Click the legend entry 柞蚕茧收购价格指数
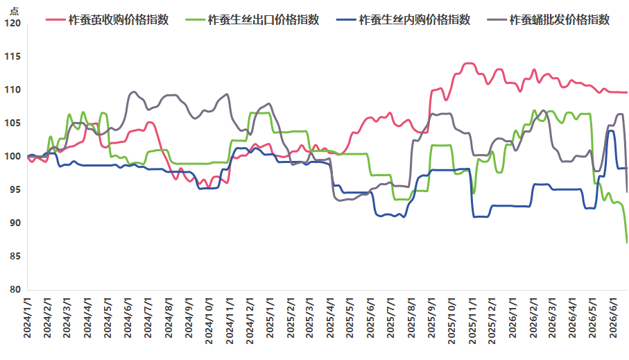pyautogui.click(x=107, y=19)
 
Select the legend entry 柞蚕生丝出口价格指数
pyautogui.click(x=252, y=19)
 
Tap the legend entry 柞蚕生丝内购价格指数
pyautogui.click(x=403, y=19)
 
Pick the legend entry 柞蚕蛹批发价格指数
pyautogui.click(x=549, y=19)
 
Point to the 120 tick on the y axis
pyautogui.click(x=12, y=24)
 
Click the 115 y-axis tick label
pyautogui.click(x=12, y=57)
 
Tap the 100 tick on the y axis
pyautogui.click(x=12, y=157)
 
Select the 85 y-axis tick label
pyautogui.click(x=15, y=256)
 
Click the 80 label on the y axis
pyautogui.click(x=15, y=289)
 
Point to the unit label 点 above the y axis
pyautogui.click(x=14, y=11)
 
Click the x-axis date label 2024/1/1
pyautogui.click(x=27, y=318)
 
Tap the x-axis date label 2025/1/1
pyautogui.click(x=270, y=318)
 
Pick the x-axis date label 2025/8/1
pyautogui.click(x=411, y=318)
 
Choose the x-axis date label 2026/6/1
pyautogui.click(x=613, y=318)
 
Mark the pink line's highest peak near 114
pyautogui.click(x=469, y=63)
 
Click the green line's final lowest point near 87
pyautogui.click(x=627, y=242)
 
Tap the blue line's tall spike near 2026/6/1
pyautogui.click(x=611, y=130)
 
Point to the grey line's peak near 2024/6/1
pyautogui.click(x=134, y=92)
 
